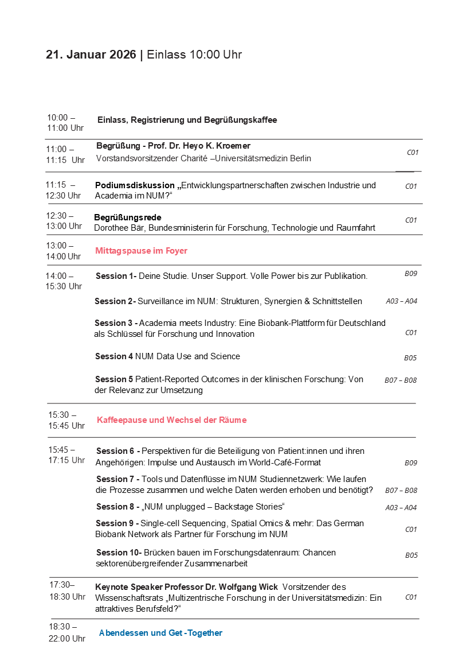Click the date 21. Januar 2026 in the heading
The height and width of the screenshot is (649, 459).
pos(91,55)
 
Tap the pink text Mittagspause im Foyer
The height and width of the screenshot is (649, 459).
pos(141,251)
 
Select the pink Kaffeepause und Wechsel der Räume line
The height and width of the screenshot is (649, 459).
pos(171,420)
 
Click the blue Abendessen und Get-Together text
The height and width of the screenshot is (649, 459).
pos(160,633)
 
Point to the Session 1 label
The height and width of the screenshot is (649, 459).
pos(115,276)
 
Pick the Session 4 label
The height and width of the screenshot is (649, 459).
pos(114,356)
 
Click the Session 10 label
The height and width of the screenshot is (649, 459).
pos(119,553)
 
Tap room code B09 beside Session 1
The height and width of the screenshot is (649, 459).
pos(411,274)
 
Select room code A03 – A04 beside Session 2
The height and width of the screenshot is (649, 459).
pos(401,301)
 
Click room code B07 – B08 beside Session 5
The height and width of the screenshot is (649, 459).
pos(401,380)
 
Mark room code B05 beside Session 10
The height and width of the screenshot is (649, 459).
pos(411,555)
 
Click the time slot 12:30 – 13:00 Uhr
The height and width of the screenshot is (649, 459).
pos(64,221)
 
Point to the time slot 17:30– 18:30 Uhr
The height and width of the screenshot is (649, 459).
pos(67,590)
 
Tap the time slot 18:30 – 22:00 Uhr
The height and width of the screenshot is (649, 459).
pos(67,632)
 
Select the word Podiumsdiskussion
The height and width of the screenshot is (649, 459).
pos(135,185)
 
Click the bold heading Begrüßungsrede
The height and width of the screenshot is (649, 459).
pos(127,217)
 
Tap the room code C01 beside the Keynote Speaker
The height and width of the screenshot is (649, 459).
pos(411,597)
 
